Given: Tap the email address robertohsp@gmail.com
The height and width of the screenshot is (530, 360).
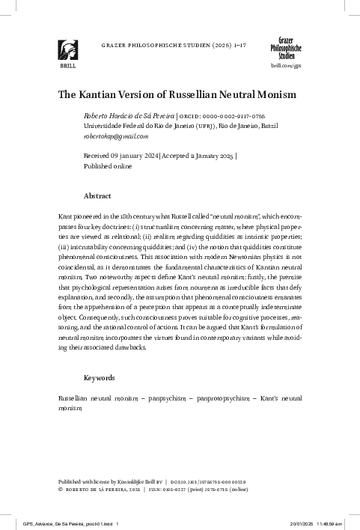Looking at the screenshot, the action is click(x=106, y=136).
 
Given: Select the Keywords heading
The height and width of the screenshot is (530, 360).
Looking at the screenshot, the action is click(x=100, y=378).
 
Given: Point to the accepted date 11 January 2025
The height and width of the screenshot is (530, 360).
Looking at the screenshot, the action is click(x=204, y=156).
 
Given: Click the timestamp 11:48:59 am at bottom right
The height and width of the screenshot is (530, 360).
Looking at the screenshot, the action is click(x=338, y=524).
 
